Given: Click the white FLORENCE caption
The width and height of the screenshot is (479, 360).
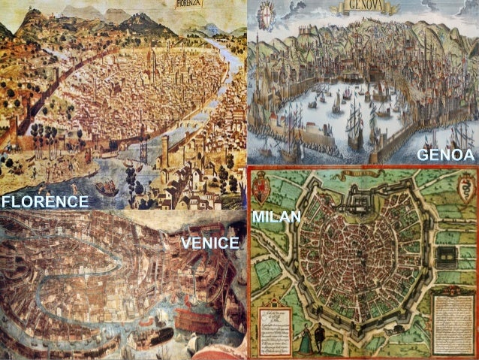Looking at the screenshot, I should (x=44, y=201).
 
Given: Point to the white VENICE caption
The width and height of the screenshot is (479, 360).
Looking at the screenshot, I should (x=209, y=242).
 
